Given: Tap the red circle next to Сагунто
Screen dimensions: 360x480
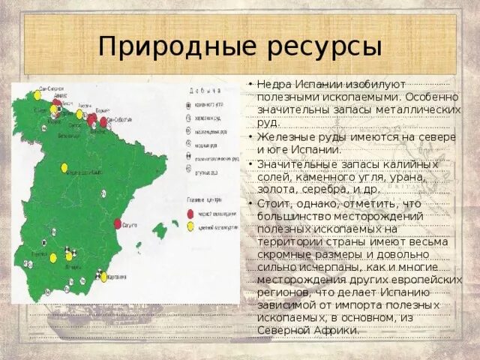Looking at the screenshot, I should click(118, 223).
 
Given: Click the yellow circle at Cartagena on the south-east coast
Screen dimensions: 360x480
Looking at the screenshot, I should click(104, 277).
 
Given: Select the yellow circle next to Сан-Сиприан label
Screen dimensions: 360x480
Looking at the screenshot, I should click(35, 96).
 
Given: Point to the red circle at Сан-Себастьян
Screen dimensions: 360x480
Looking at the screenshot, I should click(103, 121).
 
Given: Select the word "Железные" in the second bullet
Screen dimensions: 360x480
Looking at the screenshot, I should click(283, 137).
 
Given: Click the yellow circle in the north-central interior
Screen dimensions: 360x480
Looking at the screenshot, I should click(64, 168).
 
